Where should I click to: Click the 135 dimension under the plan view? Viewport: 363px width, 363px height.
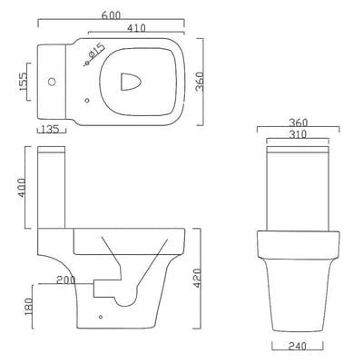point(52,130)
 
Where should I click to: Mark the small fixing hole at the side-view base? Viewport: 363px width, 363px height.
point(100,319)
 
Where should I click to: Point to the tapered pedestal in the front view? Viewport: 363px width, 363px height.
point(299,290)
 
